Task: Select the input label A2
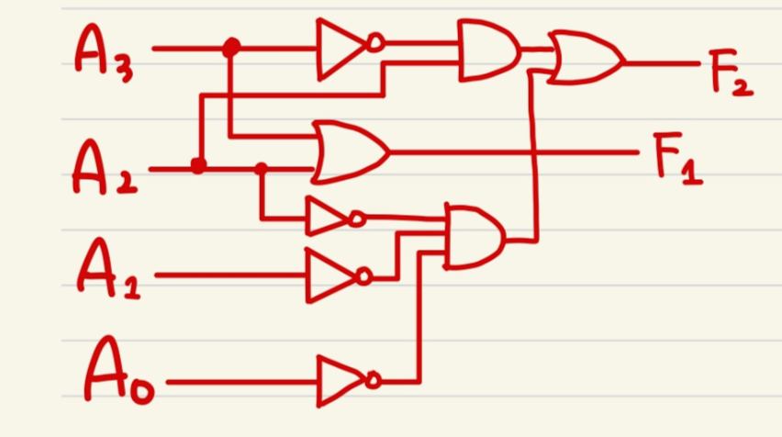103,169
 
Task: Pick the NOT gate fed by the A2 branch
329,218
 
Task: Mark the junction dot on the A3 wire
231,47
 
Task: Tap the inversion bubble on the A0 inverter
373,380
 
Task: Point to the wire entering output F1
514,150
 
